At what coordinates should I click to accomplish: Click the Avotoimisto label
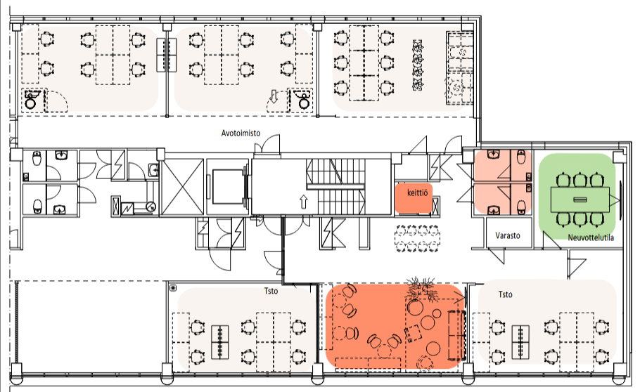pyautogui.click(x=241, y=133)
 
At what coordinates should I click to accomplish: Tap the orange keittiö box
pyautogui.click(x=414, y=198)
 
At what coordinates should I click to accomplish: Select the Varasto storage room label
pyautogui.click(x=508, y=235)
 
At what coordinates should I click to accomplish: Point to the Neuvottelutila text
pyautogui.click(x=591, y=237)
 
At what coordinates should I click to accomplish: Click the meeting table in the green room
pyautogui.click(x=580, y=200)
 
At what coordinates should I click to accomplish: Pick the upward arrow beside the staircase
pyautogui.click(x=303, y=202)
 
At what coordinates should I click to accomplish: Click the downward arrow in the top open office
pyautogui.click(x=274, y=97)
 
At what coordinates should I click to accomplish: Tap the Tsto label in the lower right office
pyautogui.click(x=505, y=294)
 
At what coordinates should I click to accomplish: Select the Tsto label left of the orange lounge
pyautogui.click(x=271, y=291)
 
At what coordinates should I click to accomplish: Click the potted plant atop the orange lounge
pyautogui.click(x=421, y=288)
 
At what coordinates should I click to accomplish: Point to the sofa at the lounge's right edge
pyautogui.click(x=457, y=335)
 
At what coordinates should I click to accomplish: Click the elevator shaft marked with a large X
pyautogui.click(x=182, y=187)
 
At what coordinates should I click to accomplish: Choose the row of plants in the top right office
pyautogui.click(x=417, y=65)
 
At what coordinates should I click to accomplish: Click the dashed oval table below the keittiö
pyautogui.click(x=418, y=239)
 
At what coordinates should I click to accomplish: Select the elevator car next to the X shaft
pyautogui.click(x=227, y=186)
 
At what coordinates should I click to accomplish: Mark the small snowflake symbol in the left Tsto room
pyautogui.click(x=173, y=289)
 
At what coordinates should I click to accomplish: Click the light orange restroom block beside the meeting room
pyautogui.click(x=503, y=182)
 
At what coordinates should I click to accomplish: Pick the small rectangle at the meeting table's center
pyautogui.click(x=580, y=200)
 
